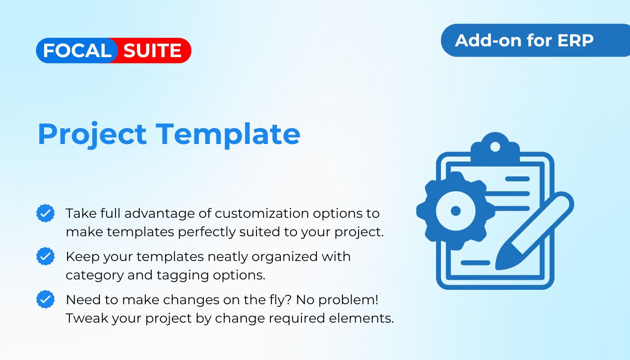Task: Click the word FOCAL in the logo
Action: [77, 50]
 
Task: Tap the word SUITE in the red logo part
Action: [153, 50]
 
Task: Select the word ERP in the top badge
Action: [575, 40]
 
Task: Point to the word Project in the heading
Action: [92, 135]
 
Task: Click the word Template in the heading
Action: [228, 135]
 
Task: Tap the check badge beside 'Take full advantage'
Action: [45, 213]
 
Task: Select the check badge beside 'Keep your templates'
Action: [45, 256]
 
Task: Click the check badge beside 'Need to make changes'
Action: [45, 299]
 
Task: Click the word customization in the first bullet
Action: [262, 213]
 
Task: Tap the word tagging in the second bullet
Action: [183, 275]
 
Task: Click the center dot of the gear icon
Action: [455, 211]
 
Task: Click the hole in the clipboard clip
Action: [495, 147]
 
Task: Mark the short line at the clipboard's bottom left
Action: [475, 263]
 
